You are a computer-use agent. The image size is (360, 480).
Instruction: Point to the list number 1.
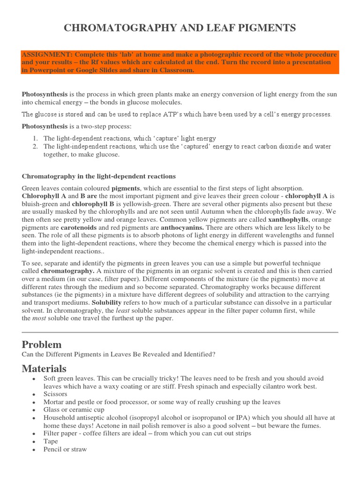pos(35,139)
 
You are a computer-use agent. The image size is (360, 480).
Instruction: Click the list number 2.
pos(35,147)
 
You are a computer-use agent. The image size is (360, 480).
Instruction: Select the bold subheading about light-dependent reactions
pos(99,176)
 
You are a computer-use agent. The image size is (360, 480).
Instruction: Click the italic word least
pos(123,310)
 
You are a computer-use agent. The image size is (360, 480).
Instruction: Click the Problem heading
pos(42,345)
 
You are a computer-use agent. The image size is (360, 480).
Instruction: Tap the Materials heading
pos(44,368)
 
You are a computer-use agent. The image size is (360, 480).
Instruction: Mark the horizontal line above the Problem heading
pos(180,332)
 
